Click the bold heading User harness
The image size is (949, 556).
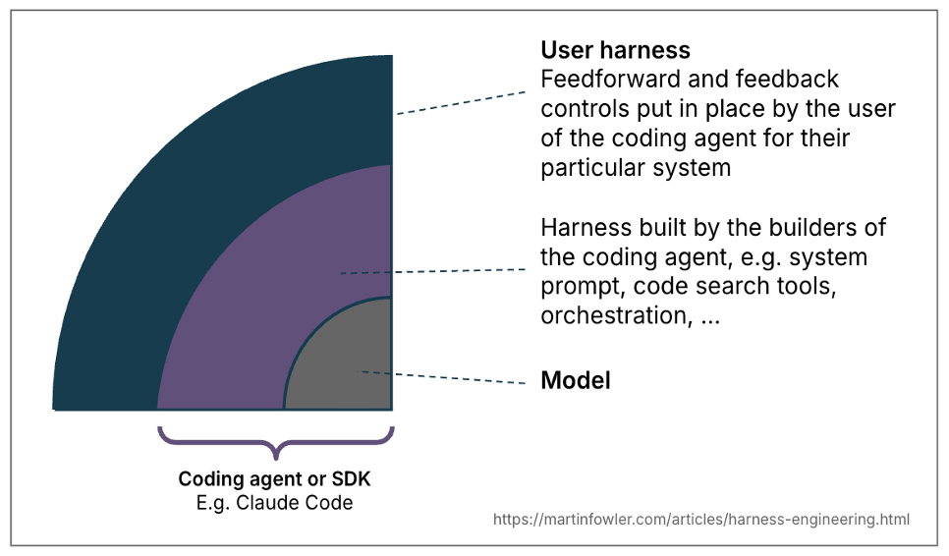pos(615,50)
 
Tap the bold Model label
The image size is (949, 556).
pos(576,380)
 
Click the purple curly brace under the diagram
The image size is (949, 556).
pos(276,443)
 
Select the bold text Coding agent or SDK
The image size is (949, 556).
pos(274,479)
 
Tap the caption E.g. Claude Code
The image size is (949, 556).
pos(274,503)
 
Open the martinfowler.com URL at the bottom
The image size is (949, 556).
pos(700,519)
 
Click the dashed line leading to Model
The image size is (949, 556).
pos(441,377)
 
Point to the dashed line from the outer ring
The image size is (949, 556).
pos(461,103)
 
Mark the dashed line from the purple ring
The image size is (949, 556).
pos(432,271)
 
